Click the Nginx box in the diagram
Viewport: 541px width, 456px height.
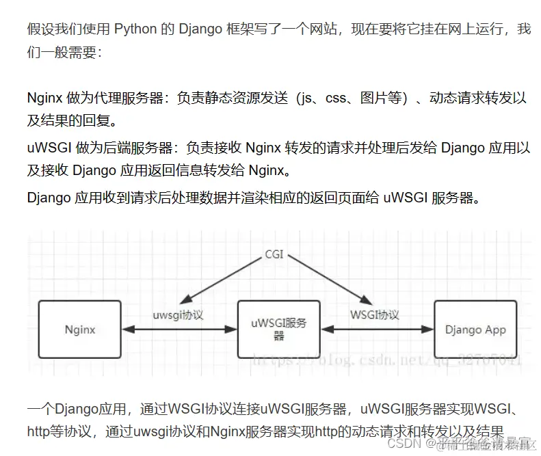point(80,329)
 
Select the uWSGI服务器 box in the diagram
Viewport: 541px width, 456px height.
point(278,329)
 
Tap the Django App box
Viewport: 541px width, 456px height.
point(475,329)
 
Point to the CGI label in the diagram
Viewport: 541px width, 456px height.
point(274,254)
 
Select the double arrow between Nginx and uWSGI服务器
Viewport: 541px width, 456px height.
point(179,330)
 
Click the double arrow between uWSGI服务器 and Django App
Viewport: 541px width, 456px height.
point(377,330)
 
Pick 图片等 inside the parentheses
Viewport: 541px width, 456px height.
point(386,98)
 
